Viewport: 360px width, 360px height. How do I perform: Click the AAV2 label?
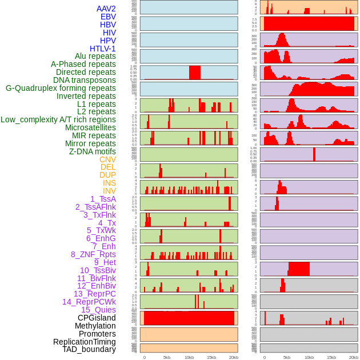(106, 9)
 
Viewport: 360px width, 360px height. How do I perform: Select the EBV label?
(108, 17)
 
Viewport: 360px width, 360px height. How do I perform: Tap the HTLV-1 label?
(103, 49)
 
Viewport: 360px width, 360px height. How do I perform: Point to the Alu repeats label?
(95, 56)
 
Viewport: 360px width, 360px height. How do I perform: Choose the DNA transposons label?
(85, 80)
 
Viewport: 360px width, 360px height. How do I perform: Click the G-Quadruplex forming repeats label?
(61, 88)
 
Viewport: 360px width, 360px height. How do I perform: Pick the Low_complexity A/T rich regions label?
(58, 119)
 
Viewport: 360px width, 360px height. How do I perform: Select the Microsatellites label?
(90, 127)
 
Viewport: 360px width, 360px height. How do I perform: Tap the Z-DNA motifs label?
(93, 151)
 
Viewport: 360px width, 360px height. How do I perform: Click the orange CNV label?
(107, 159)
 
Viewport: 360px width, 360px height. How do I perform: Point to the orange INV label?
(109, 191)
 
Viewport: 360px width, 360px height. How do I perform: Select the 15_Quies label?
(98, 310)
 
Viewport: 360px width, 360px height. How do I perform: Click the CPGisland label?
(97, 318)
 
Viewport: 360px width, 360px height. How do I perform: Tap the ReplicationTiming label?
(85, 342)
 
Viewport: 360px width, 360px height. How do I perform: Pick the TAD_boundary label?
(89, 349)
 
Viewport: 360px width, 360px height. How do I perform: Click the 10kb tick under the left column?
(189, 357)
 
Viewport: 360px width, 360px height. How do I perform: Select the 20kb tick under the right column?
(354, 357)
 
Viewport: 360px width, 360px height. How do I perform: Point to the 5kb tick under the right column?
(287, 357)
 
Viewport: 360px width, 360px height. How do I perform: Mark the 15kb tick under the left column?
(211, 357)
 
